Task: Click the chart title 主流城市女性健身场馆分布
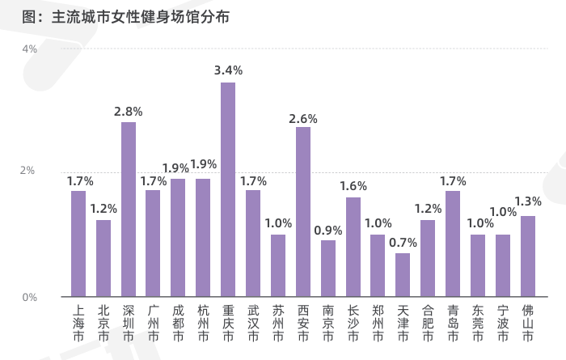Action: (x=141, y=17)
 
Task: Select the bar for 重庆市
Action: (x=228, y=189)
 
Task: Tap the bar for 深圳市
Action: (x=129, y=210)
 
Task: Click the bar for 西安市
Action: (x=303, y=212)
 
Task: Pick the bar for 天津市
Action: (x=403, y=275)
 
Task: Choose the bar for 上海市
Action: (x=78, y=244)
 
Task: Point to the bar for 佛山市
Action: (x=528, y=256)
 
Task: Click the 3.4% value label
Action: (x=228, y=70)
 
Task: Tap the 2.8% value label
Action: (x=128, y=112)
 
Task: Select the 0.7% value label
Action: (x=403, y=243)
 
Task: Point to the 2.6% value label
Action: (x=303, y=119)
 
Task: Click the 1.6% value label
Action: (x=353, y=186)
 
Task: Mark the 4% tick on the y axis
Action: (x=30, y=49)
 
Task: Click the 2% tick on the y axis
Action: (x=27, y=170)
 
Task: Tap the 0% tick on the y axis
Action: (x=30, y=297)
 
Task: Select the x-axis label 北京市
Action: (x=103, y=323)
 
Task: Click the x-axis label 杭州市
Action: (x=203, y=323)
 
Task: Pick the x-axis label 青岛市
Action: (x=453, y=323)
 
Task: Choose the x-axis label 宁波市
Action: (x=503, y=323)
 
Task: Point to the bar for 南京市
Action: (x=328, y=269)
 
